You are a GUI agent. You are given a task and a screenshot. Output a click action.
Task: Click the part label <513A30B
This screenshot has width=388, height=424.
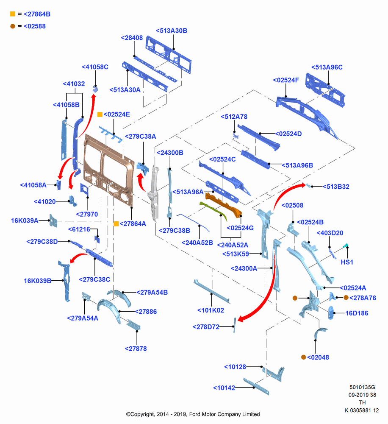coord(172,31)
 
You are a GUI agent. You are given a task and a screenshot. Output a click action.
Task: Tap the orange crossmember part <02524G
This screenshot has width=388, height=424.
coord(223,204)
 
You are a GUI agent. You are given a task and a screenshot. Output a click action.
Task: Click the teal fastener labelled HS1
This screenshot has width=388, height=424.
coord(346,245)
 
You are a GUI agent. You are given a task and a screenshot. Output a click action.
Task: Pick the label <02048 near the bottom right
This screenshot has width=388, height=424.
coord(318,357)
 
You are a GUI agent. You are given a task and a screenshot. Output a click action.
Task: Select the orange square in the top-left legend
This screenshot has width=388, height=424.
coord(13,14)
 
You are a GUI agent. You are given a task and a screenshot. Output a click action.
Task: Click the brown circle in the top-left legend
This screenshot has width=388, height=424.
coord(13,26)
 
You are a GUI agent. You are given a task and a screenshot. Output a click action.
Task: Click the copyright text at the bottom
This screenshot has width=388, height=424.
coord(193,414)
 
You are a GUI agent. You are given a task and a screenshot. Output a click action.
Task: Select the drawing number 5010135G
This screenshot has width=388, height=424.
coord(362,387)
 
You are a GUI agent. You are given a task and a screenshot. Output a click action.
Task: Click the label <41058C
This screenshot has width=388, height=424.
coord(95,67)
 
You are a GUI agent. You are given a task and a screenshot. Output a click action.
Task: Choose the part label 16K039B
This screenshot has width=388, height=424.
coord(38,281)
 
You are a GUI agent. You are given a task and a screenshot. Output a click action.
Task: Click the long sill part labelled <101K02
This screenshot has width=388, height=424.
coord(211,291)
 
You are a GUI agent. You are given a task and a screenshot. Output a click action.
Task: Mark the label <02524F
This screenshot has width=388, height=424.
coord(286,80)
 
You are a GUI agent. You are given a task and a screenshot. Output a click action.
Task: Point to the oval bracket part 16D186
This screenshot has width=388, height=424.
coord(331,312)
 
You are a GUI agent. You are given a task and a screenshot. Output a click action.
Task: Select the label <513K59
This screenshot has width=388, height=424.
coord(236,254)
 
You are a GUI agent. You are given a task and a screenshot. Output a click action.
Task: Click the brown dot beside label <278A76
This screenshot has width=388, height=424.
coord(346,298)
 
